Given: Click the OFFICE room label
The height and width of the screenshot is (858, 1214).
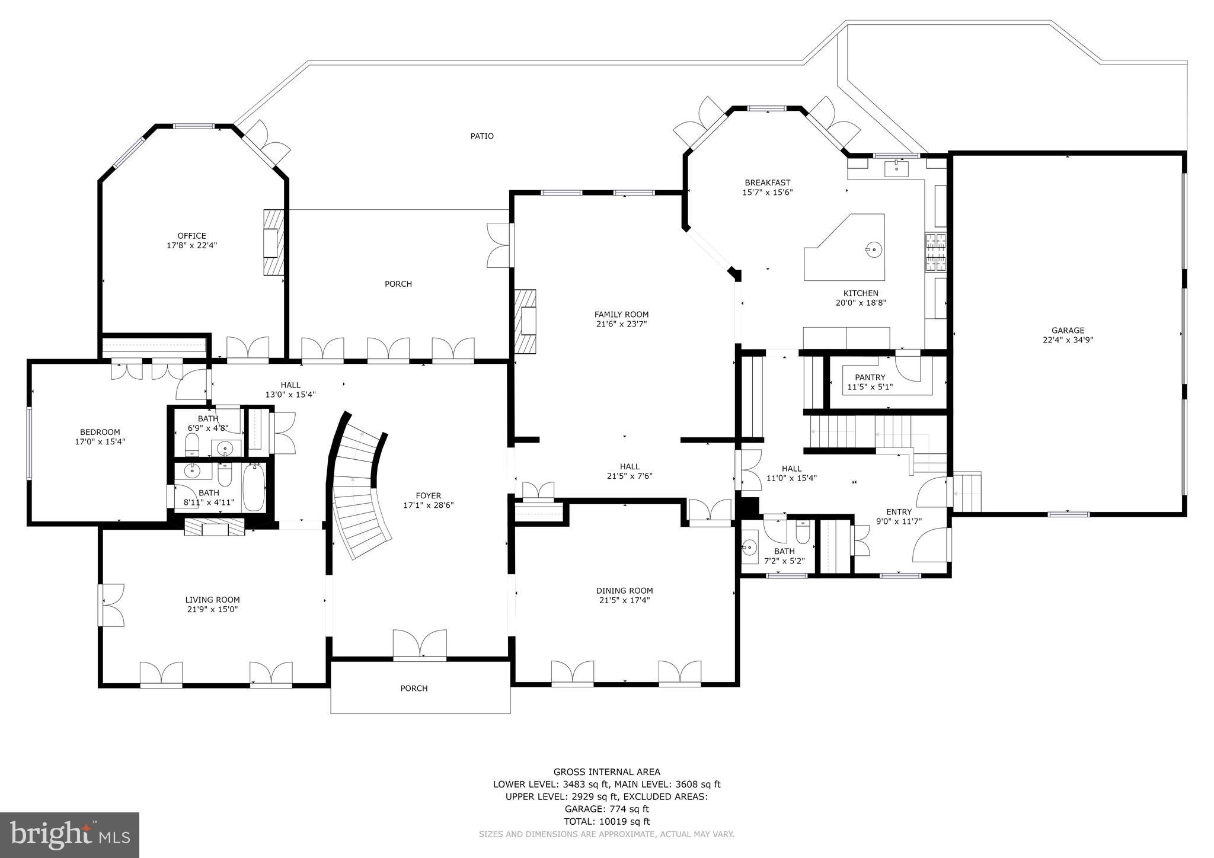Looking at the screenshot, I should (191, 236).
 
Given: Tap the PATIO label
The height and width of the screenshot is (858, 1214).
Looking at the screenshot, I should (482, 136).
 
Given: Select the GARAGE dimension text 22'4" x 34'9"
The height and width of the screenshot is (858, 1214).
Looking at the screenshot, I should (1068, 340).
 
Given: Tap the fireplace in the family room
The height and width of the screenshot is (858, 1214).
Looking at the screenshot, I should (526, 321).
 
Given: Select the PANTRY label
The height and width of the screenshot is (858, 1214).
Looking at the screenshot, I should (870, 377).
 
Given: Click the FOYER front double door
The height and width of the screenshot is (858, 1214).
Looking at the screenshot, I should (420, 645).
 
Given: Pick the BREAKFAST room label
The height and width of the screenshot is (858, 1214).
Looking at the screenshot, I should (767, 183).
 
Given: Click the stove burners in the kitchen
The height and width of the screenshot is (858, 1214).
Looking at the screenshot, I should (935, 252).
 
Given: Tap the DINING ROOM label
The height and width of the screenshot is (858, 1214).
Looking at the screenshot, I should (624, 591).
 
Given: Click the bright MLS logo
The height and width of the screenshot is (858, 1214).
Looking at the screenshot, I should (69, 835).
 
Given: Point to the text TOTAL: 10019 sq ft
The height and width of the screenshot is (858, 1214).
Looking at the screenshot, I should (606, 821).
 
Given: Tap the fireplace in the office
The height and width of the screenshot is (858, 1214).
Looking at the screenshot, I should (273, 242).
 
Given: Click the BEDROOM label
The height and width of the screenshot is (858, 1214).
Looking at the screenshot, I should (100, 432).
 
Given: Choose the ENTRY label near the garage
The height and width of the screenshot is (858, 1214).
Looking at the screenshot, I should (899, 512).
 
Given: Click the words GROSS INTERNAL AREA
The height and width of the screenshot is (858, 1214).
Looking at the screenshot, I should (606, 771).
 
